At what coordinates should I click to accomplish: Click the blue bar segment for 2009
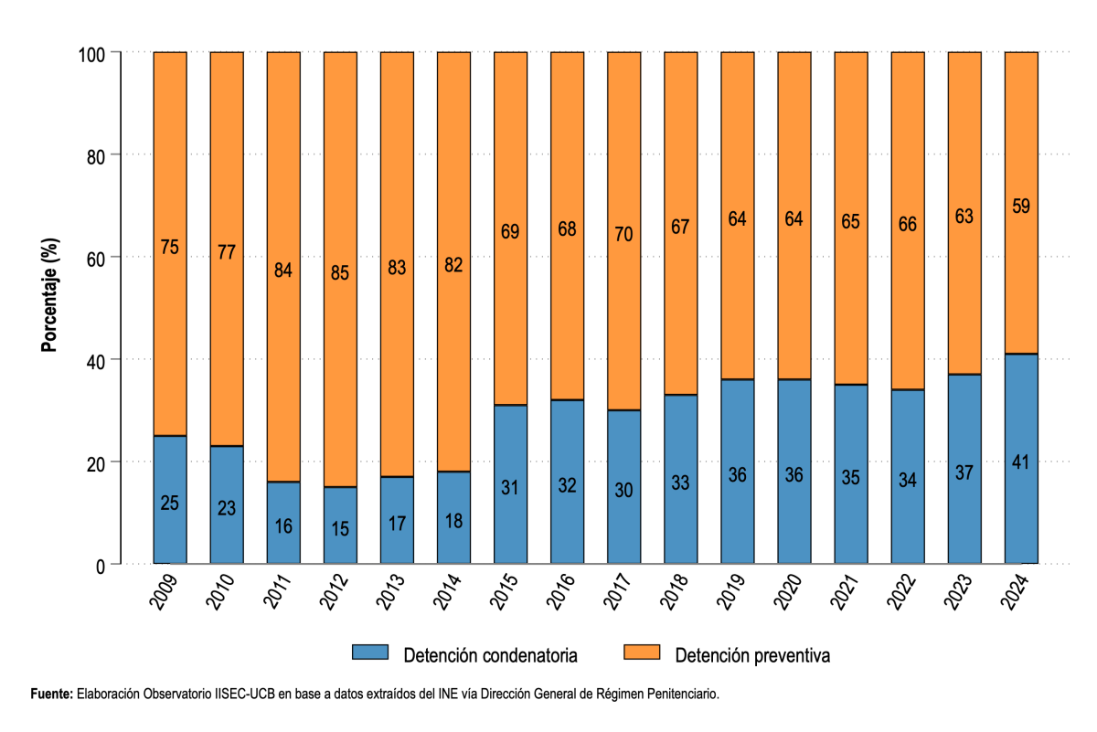(170, 500)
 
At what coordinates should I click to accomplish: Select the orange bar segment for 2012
(340, 270)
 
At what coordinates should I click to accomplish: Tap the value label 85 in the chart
(340, 272)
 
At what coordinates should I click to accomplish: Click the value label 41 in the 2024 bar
(1021, 462)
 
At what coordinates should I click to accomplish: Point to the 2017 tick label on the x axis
(618, 592)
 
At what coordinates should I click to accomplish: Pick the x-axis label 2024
(1016, 592)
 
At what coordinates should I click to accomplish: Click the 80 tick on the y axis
(96, 157)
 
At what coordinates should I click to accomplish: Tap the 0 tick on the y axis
(101, 567)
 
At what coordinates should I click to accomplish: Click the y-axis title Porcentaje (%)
(49, 295)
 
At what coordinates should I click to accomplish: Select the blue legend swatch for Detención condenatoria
(370, 652)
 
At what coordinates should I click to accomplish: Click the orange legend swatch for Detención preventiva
(642, 652)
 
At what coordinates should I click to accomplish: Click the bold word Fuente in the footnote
(51, 694)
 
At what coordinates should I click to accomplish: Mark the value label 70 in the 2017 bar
(623, 234)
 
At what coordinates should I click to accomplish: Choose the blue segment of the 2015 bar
(510, 484)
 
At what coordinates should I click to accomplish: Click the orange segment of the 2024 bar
(1022, 203)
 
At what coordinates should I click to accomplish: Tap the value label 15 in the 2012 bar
(340, 529)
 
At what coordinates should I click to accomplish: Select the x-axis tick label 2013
(390, 592)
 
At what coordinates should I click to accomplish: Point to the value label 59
(1021, 207)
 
